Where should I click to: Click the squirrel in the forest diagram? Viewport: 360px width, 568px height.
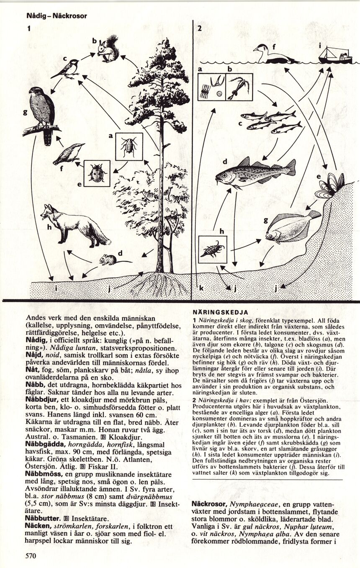pos(109,49)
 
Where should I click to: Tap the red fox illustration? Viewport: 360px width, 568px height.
pos(73,226)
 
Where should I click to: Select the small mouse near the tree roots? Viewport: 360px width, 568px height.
pos(108,260)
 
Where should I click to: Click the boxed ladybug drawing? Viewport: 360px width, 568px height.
pos(97,173)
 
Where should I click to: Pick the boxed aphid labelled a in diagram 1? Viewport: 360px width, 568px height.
pos(129,146)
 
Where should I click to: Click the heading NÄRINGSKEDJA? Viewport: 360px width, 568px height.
pos(221,312)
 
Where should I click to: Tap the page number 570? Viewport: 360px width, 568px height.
pos(31,556)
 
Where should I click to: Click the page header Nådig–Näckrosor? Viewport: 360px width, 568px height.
pos(57,16)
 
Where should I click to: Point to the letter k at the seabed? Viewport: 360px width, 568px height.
pos(201,288)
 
